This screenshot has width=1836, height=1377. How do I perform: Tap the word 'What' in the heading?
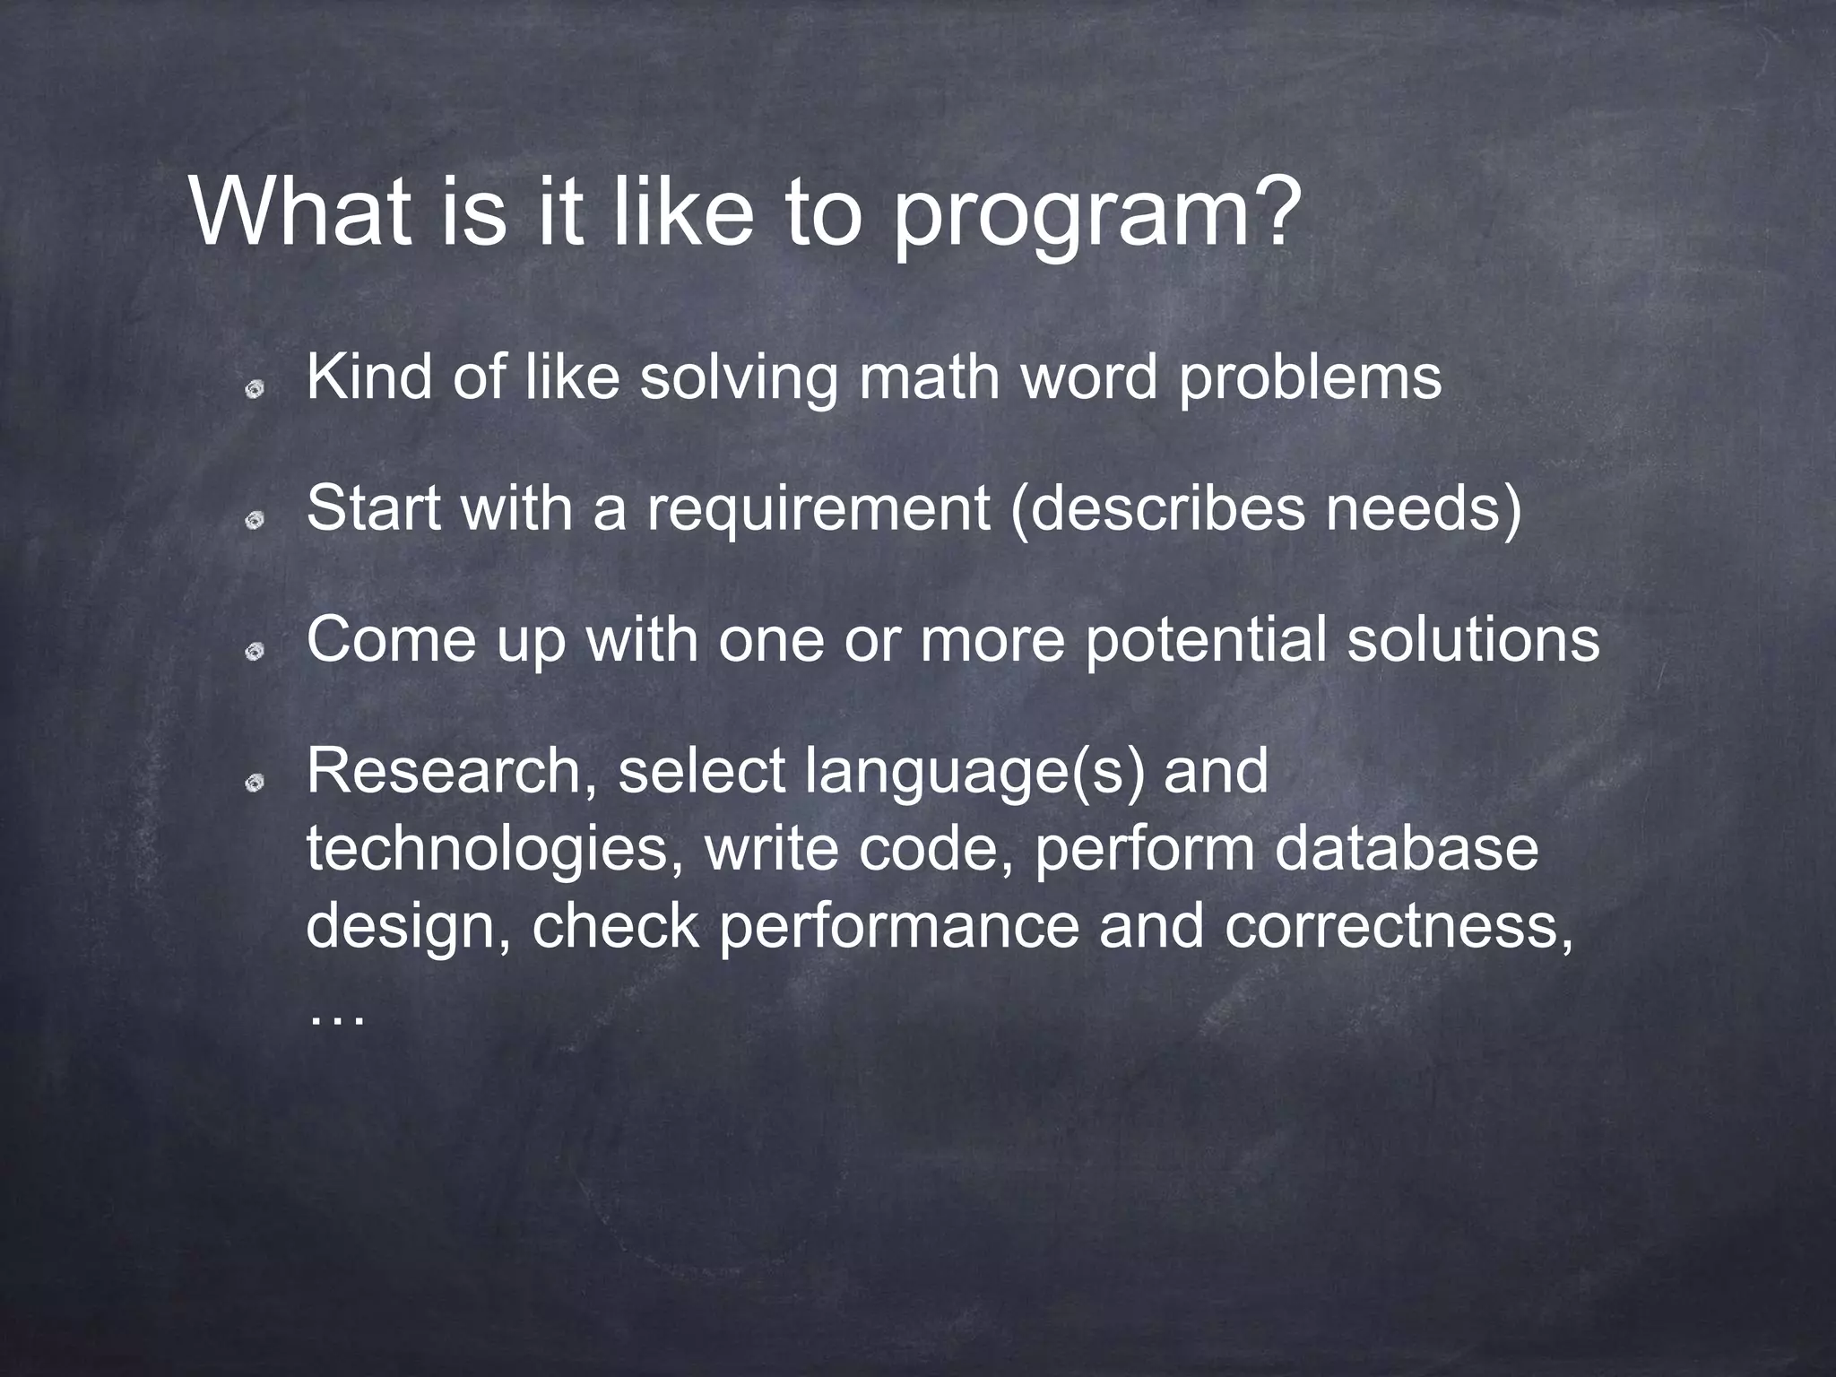click(301, 212)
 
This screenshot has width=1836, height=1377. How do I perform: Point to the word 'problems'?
click(1310, 378)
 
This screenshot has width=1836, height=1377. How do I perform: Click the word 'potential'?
click(1207, 641)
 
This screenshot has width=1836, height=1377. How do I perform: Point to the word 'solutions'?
click(1474, 639)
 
